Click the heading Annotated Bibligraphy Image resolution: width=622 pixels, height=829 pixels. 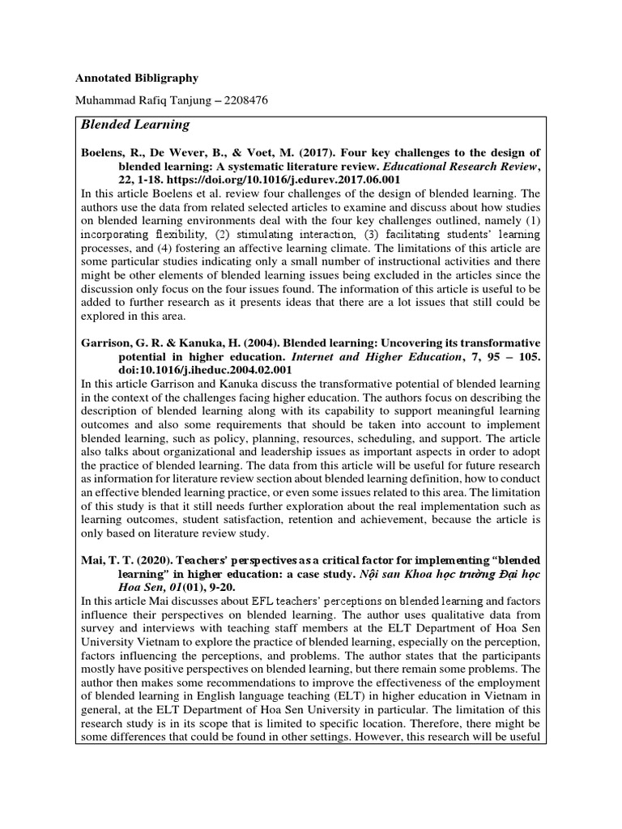[136, 79]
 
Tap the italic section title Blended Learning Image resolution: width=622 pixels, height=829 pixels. [134, 125]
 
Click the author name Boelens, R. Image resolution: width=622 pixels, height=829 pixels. [109, 152]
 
